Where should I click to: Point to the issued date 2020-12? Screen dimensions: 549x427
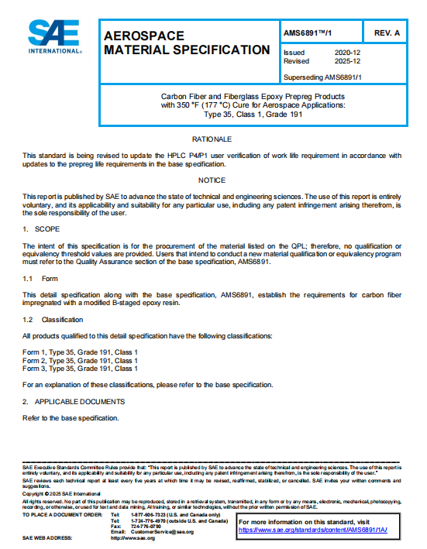coord(346,53)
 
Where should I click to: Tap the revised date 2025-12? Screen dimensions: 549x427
coord(346,60)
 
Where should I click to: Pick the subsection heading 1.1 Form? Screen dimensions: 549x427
coord(40,278)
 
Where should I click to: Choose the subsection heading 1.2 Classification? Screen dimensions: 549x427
coord(53,319)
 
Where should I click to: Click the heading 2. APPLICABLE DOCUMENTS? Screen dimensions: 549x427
coord(73,401)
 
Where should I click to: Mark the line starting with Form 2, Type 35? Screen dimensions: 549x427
coord(80,360)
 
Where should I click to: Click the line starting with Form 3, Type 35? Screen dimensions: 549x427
coord(80,369)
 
